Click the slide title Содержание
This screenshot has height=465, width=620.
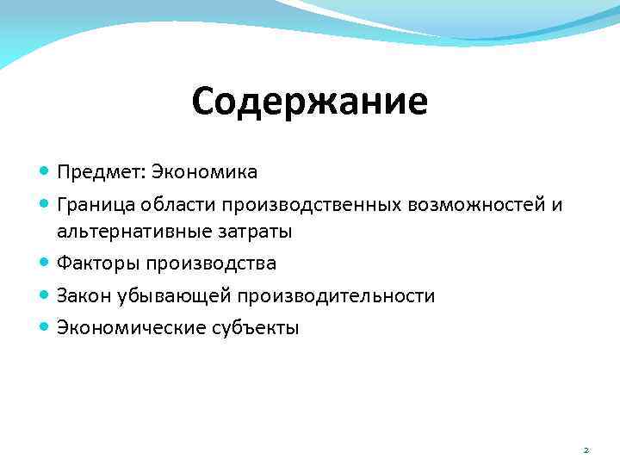click(x=309, y=102)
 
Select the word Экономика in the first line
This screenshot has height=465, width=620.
click(x=204, y=172)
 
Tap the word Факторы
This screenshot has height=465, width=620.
click(x=97, y=263)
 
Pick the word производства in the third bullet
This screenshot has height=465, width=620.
click(x=211, y=263)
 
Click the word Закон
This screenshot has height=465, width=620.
click(x=84, y=295)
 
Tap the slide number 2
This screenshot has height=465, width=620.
click(x=586, y=449)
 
